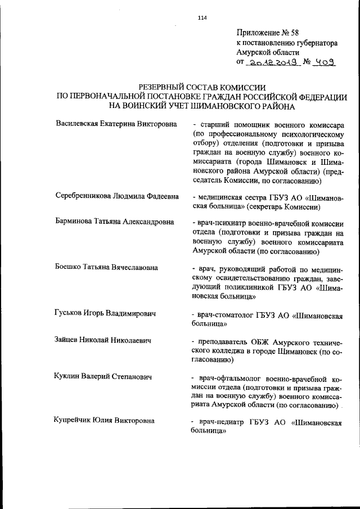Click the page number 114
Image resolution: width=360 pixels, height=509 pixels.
pos(202,17)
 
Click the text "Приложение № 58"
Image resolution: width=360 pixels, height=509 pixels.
pos(268,32)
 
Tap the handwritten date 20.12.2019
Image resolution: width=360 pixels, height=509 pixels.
pos(272,63)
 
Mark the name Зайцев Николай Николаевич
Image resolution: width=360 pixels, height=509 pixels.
pos(103,340)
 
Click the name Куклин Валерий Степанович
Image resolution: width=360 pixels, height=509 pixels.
pos(103,376)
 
